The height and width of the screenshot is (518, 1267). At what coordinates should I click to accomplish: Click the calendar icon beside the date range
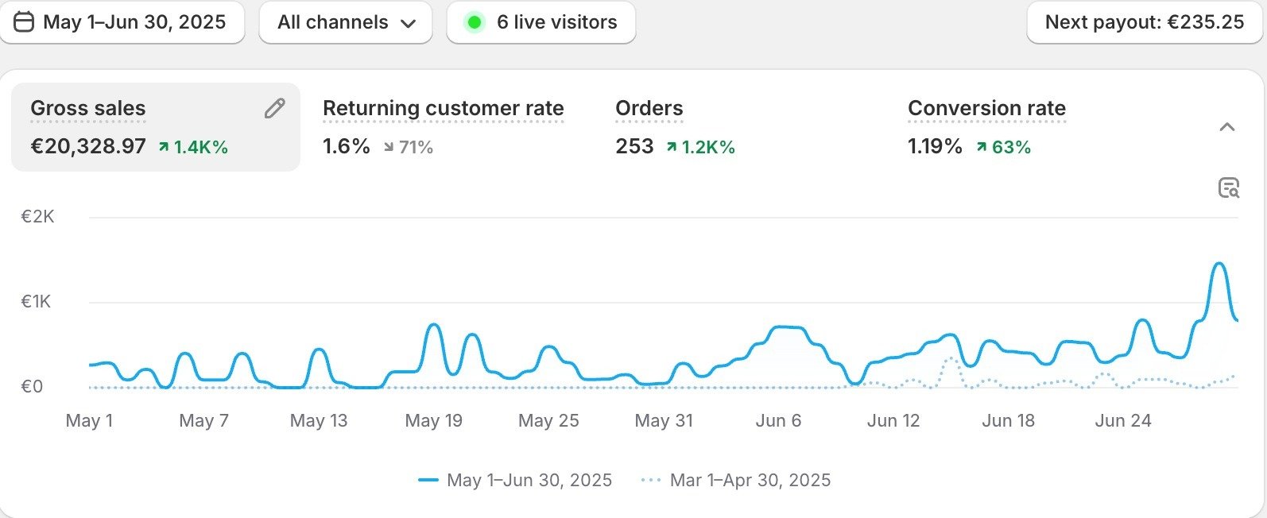click(x=25, y=22)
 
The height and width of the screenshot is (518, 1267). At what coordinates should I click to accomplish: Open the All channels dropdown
click(x=346, y=22)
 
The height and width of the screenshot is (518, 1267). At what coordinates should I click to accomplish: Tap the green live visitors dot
click(x=475, y=22)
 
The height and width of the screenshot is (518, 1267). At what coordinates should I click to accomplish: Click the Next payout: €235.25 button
click(x=1144, y=22)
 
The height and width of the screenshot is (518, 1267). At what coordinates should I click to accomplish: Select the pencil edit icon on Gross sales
click(x=274, y=109)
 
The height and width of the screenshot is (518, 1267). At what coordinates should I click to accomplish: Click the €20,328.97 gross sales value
click(x=88, y=147)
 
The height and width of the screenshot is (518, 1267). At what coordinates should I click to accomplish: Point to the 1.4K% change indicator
click(x=193, y=147)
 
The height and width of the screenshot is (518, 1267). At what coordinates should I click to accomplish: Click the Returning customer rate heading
click(x=443, y=109)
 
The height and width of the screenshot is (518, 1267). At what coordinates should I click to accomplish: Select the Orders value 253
click(x=634, y=147)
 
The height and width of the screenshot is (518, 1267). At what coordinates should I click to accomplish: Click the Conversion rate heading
click(x=986, y=109)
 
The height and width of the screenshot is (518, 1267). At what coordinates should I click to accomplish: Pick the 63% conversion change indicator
click(x=1004, y=147)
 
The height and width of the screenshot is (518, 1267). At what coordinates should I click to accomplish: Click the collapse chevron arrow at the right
click(x=1227, y=127)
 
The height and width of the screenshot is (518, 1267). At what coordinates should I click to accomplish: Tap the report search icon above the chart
click(x=1228, y=188)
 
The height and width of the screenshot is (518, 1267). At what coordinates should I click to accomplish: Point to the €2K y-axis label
click(x=37, y=217)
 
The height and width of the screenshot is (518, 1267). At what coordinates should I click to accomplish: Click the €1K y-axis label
click(x=36, y=302)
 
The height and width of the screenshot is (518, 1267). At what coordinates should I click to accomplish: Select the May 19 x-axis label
click(x=433, y=421)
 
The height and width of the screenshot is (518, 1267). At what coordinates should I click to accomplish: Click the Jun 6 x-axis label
click(x=778, y=421)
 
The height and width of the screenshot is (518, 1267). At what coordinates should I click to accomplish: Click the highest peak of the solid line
click(x=1219, y=264)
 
